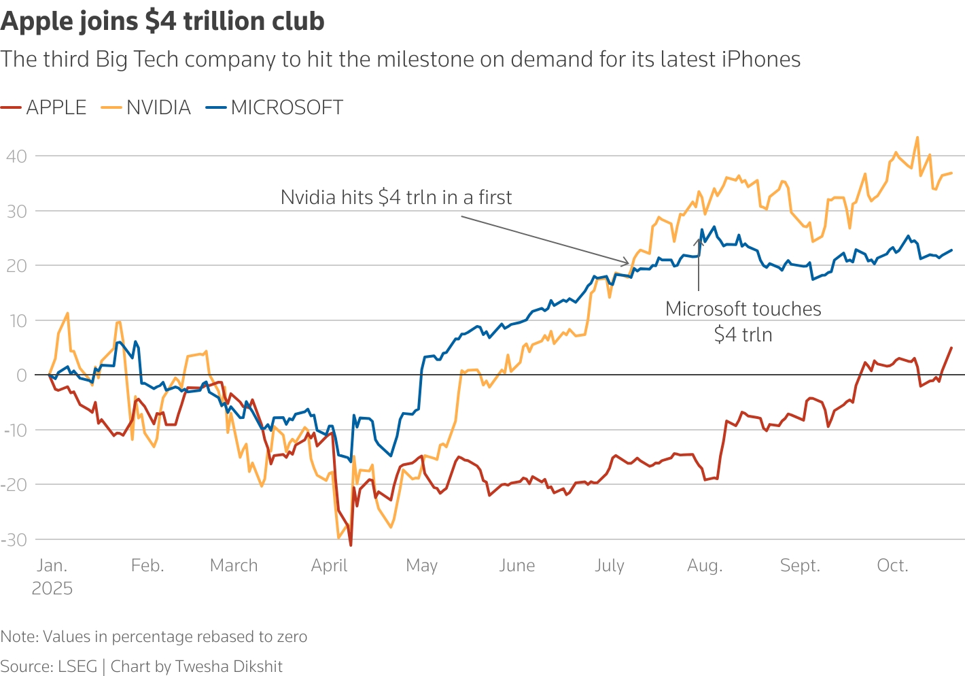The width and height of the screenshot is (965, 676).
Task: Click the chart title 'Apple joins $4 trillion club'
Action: click(x=162, y=21)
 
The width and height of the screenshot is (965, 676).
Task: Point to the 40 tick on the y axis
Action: click(x=16, y=156)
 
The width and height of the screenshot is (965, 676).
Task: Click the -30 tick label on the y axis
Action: click(x=14, y=540)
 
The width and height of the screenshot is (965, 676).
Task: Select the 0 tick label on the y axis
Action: click(x=22, y=375)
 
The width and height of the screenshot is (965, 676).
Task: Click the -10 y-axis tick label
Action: click(x=14, y=430)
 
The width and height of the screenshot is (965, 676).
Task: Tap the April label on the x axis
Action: click(x=329, y=566)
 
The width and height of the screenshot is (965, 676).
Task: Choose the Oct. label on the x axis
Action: click(x=892, y=566)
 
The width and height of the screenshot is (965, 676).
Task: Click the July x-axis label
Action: click(x=609, y=566)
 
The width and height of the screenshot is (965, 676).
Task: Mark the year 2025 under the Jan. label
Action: click(x=52, y=588)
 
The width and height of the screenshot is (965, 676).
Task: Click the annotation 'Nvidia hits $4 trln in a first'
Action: click(x=396, y=197)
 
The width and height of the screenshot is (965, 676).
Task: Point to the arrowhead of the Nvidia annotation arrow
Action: click(x=628, y=263)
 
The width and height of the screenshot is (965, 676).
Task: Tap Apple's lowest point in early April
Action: click(x=351, y=545)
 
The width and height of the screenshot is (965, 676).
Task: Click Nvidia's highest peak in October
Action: click(x=917, y=137)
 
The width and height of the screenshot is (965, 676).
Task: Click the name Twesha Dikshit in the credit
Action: click(x=228, y=666)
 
